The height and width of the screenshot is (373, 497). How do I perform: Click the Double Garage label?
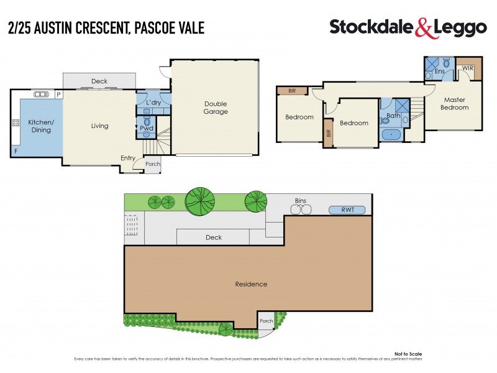point(216,108)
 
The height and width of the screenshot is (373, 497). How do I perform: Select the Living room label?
point(99,126)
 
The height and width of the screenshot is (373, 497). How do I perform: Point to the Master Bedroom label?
point(455,103)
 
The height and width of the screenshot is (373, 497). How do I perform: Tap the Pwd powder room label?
point(146,129)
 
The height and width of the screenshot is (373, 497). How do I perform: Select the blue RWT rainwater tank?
point(347,210)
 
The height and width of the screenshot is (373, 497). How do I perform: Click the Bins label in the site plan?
point(300,201)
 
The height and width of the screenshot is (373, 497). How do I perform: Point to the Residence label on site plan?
point(251,284)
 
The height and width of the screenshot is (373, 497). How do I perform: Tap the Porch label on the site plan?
point(266,321)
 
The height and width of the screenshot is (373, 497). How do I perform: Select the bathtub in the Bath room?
point(393,134)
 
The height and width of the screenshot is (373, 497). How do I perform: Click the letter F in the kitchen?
point(16,151)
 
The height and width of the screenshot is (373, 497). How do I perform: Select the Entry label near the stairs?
point(128,158)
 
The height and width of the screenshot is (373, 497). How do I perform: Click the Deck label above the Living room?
point(99,81)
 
